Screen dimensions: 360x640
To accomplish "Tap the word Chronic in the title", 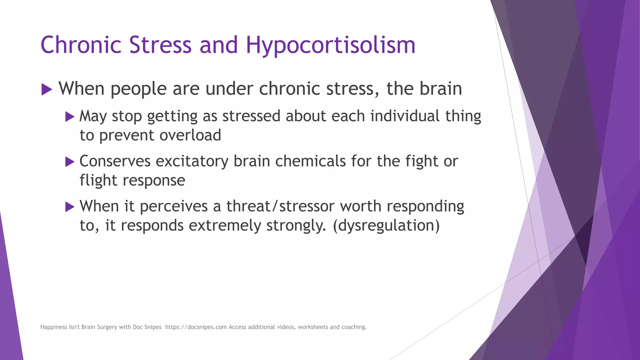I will [x=81, y=45].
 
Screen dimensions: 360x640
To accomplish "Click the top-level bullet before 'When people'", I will [x=47, y=90].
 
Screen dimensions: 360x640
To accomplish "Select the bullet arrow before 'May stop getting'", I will [x=70, y=117].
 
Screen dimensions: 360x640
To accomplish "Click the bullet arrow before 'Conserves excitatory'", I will [x=70, y=162].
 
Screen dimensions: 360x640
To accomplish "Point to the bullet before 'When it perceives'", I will [x=70, y=207].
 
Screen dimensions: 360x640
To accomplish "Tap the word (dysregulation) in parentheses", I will [x=386, y=226].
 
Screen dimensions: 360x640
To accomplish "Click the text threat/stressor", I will [x=280, y=206].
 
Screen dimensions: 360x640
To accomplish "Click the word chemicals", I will [x=310, y=161].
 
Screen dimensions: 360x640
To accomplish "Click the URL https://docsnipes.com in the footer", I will [x=196, y=327].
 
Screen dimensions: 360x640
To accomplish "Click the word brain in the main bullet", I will [x=440, y=89].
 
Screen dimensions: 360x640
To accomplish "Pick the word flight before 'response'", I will [x=98, y=181].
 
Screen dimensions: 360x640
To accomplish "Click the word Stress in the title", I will [x=160, y=45].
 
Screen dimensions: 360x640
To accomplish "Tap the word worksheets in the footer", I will [x=313, y=327].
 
